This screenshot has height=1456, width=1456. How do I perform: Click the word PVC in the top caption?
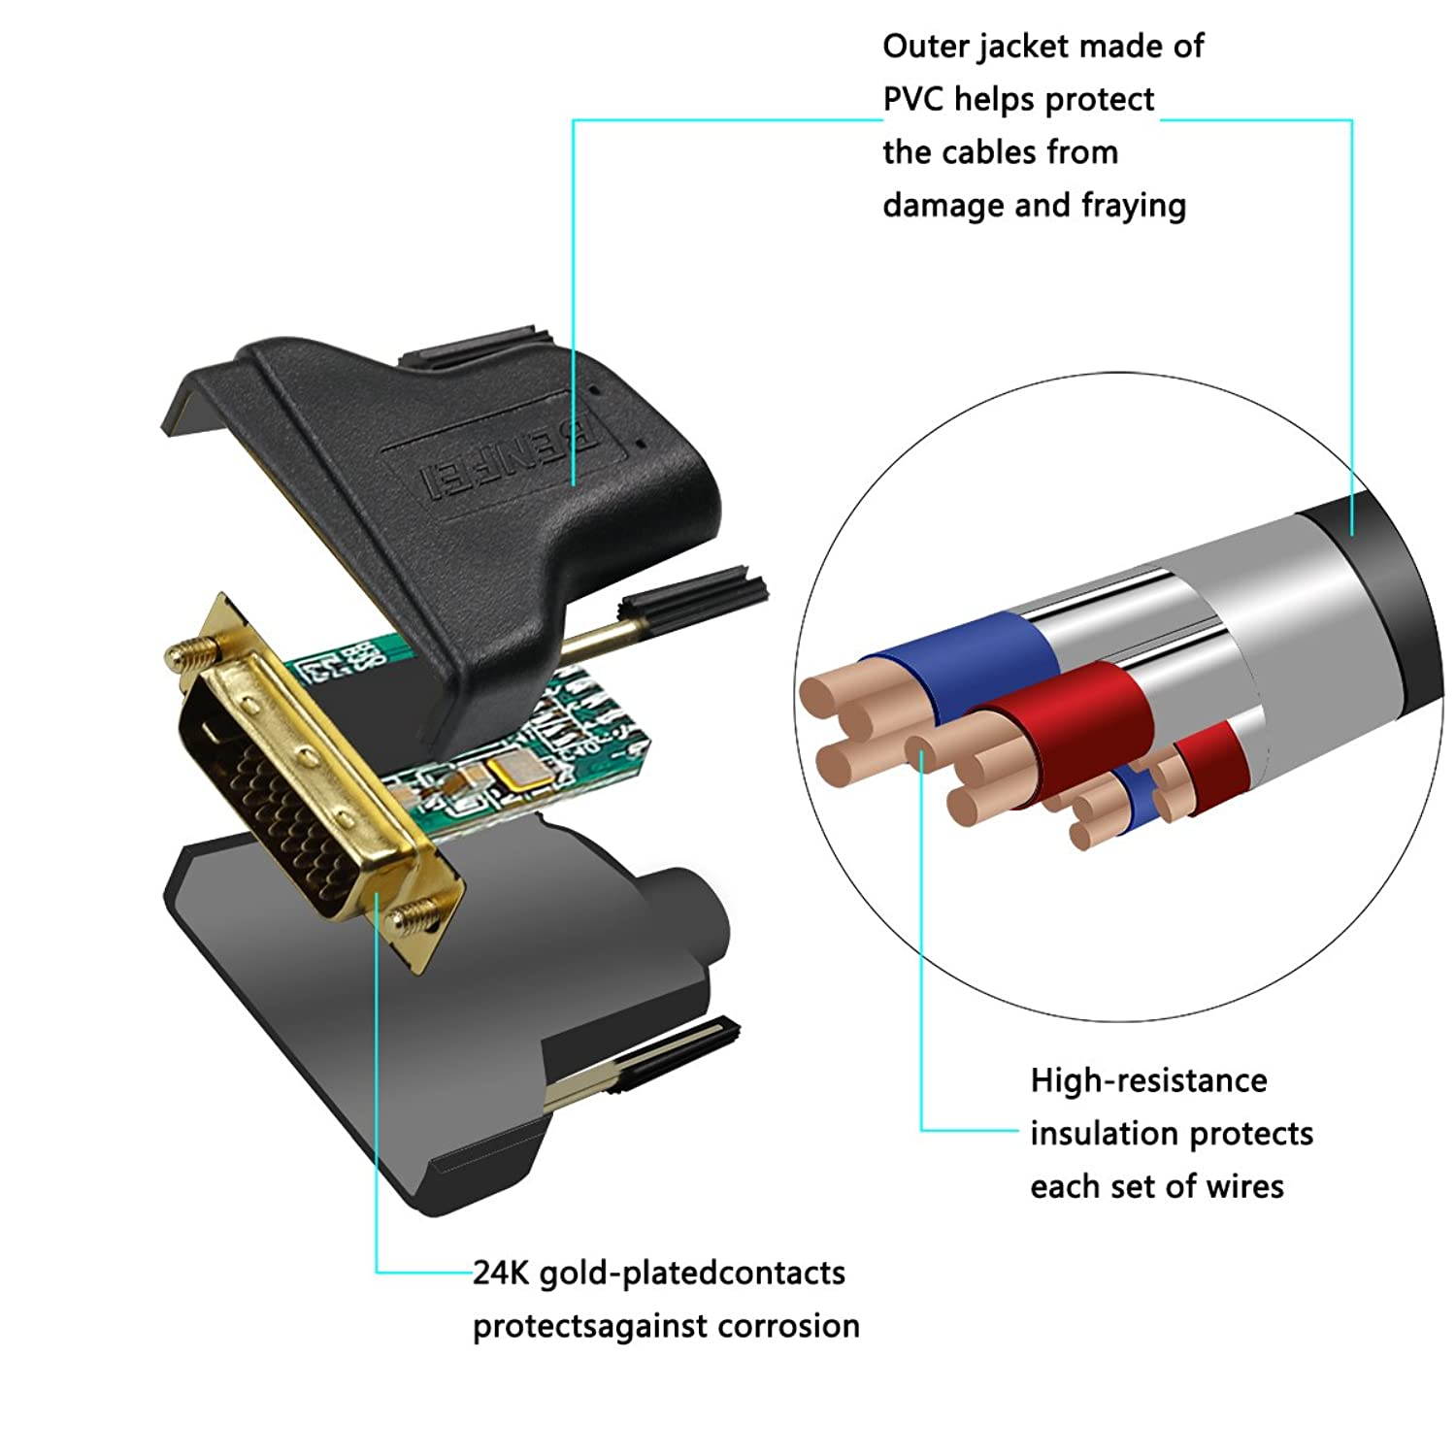click(x=913, y=100)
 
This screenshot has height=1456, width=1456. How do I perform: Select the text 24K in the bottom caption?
click(x=500, y=1273)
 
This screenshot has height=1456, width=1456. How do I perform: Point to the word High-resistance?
click(x=1148, y=1080)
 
